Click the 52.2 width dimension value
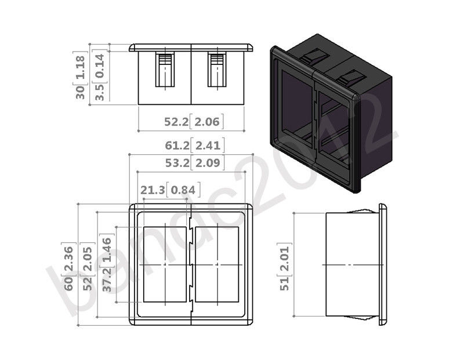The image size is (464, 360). [x=176, y=122]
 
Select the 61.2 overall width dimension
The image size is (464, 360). [x=177, y=146]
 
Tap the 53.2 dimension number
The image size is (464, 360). [x=177, y=163]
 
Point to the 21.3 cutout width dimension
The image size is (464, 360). [x=153, y=190]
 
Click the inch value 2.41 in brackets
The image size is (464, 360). [x=208, y=146]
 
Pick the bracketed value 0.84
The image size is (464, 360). [x=183, y=190]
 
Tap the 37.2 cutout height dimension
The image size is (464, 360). [x=107, y=279]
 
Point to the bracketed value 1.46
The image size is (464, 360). [x=107, y=249]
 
